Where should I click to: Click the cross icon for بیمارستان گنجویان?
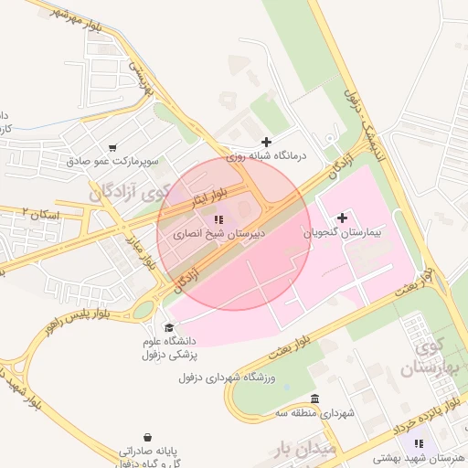coord(343,218)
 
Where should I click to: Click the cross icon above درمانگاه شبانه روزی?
coord(266,142)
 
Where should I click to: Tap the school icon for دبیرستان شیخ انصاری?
coord(218,219)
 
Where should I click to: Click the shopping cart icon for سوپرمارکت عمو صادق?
coord(112,147)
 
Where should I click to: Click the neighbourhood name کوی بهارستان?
coord(430,359)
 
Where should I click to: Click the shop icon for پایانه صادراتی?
coord(148,437)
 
